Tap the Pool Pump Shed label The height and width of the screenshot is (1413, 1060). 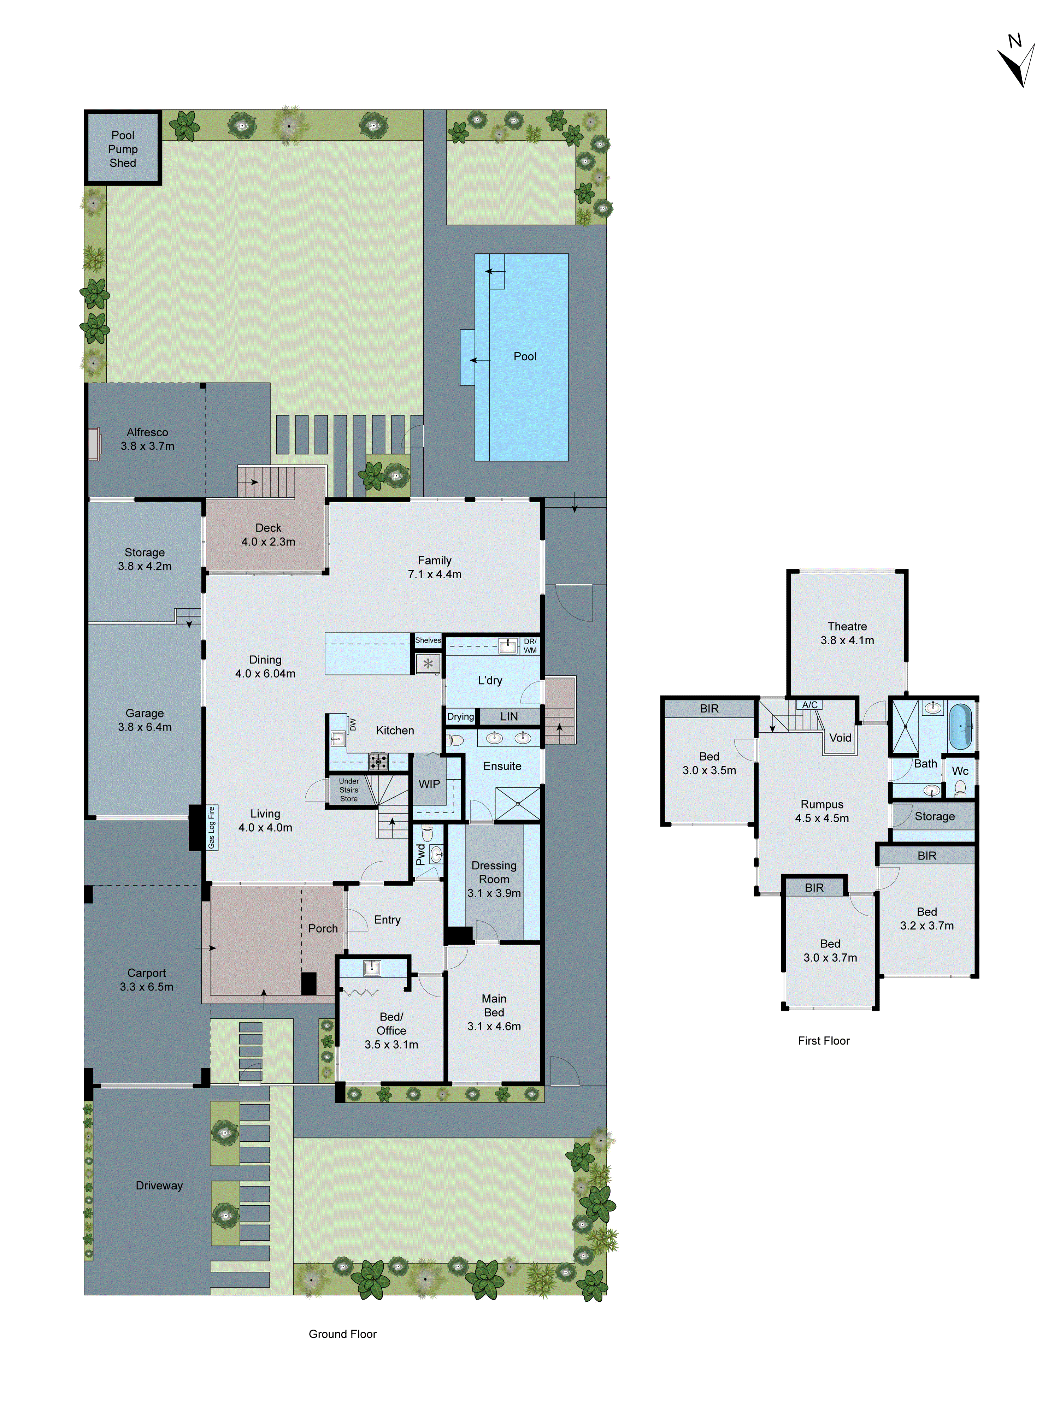[x=123, y=149]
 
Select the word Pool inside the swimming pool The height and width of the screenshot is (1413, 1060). [x=525, y=356]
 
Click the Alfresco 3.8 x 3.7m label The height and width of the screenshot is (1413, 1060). [x=147, y=439]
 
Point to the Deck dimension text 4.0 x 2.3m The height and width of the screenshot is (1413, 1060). [x=268, y=542]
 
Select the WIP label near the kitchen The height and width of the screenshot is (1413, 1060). [x=429, y=784]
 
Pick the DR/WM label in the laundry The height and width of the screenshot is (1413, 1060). [x=530, y=646]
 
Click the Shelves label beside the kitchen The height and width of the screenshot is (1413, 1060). [x=428, y=640]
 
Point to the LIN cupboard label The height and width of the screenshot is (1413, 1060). [x=508, y=716]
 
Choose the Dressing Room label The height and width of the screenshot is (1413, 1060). [x=494, y=879]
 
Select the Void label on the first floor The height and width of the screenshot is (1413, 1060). [x=840, y=738]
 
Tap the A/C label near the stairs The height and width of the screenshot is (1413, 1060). [x=809, y=705]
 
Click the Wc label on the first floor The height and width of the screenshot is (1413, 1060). [x=960, y=771]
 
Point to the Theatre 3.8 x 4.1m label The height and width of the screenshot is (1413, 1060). [x=847, y=633]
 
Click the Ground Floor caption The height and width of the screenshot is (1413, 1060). [x=342, y=1334]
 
